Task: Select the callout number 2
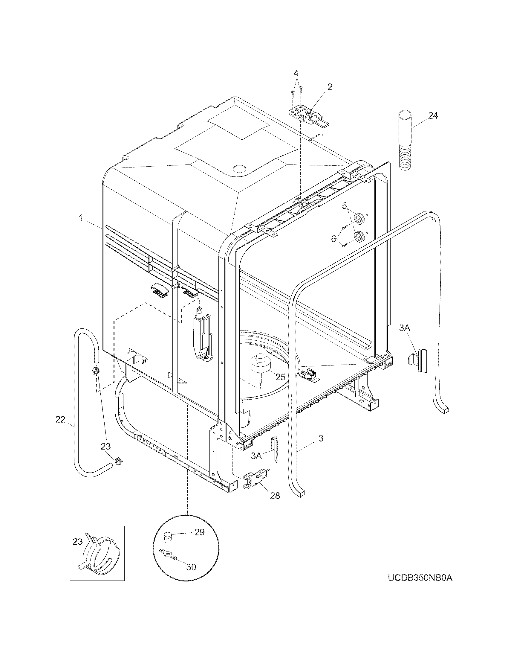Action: coord(330,87)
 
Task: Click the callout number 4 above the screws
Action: coord(296,73)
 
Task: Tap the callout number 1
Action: coord(81,217)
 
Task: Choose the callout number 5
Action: coord(344,206)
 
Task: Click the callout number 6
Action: coord(333,239)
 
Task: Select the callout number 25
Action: coord(280,377)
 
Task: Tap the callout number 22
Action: coord(60,419)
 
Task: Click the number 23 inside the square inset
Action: coord(78,541)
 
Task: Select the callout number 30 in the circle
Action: coord(191,567)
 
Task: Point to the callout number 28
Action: coord(275,495)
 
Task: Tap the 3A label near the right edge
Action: coord(405,328)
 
